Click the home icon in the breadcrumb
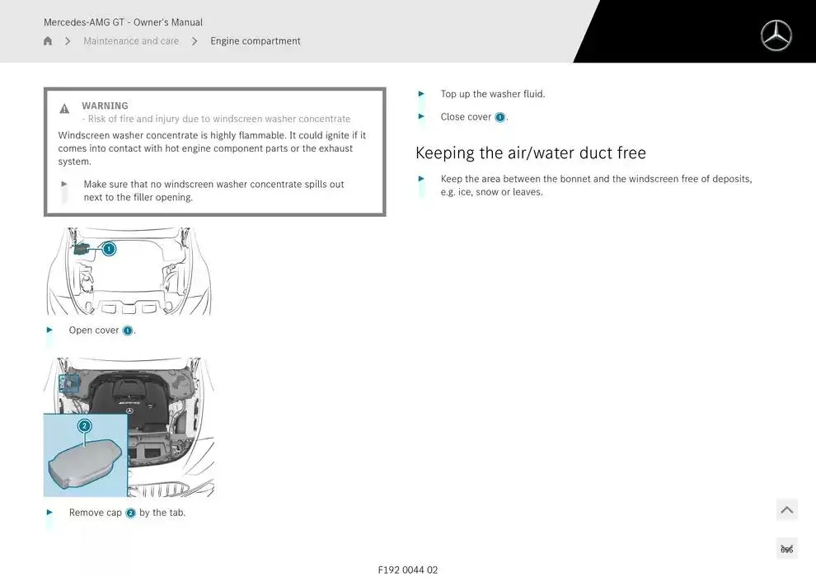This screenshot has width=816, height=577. pos(48,41)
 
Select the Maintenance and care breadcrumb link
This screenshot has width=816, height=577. pos(131,41)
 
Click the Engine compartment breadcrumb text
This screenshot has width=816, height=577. pos(256,41)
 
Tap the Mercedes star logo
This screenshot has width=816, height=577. pos(776,35)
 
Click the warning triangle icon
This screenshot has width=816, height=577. pos(64,109)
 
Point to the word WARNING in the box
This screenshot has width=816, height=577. pos(105,106)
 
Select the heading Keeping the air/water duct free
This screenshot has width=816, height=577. pos(531,152)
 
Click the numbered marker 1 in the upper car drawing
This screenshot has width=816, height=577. pos(109,248)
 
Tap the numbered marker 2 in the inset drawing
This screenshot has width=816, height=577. pos(84,426)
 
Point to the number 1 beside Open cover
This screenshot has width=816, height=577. pos(128,331)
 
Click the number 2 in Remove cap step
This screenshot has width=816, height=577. pos(130,513)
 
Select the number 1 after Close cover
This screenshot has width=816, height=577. pos(499,117)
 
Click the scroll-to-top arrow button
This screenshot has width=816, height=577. pos(786,510)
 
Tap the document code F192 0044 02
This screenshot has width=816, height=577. pos(408,570)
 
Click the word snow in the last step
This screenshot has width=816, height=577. pos(486,192)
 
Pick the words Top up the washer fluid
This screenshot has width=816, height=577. pos(493,94)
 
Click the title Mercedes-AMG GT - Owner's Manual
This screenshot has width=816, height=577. pos(123,22)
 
